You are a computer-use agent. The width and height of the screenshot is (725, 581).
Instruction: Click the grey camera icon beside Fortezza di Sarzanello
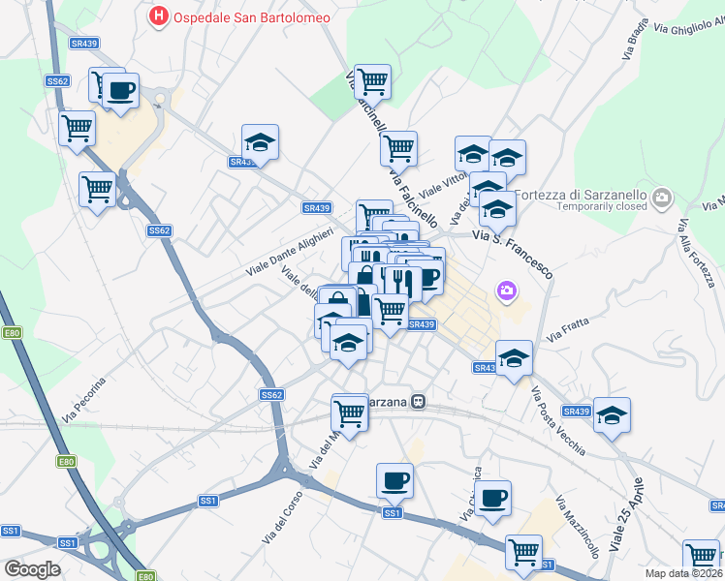(x=663, y=199)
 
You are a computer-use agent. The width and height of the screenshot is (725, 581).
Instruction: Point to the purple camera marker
(x=506, y=290)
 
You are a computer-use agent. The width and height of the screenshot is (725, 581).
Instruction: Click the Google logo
(x=32, y=568)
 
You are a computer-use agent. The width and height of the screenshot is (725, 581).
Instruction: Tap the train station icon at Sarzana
(x=418, y=401)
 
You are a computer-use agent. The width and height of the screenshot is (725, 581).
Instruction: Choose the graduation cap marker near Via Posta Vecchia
(x=612, y=416)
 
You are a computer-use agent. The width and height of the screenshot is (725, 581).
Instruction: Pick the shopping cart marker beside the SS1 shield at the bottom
(x=523, y=553)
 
